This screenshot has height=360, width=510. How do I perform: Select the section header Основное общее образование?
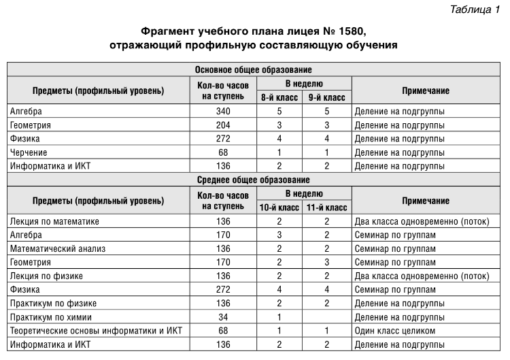[253, 69]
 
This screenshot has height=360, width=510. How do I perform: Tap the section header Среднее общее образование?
[253, 180]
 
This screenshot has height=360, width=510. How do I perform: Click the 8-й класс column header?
[279, 97]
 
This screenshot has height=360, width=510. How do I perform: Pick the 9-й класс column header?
[326, 97]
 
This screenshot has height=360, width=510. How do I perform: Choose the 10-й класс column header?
[279, 208]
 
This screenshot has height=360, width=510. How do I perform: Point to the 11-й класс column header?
[326, 208]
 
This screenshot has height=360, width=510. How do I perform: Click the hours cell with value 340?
[223, 111]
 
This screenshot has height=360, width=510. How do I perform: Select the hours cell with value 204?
[223, 125]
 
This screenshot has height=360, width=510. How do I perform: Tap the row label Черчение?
[29, 152]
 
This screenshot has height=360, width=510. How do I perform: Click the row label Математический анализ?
[58, 248]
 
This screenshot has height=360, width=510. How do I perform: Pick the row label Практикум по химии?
[52, 317]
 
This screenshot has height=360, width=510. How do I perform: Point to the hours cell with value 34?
[223, 317]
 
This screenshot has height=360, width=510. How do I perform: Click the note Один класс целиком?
[394, 331]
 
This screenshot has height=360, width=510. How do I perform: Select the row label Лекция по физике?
[46, 276]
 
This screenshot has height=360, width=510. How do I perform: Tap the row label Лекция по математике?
[55, 221]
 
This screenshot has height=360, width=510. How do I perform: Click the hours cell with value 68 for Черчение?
[223, 152]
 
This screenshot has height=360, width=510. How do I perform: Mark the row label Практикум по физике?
[53, 303]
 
